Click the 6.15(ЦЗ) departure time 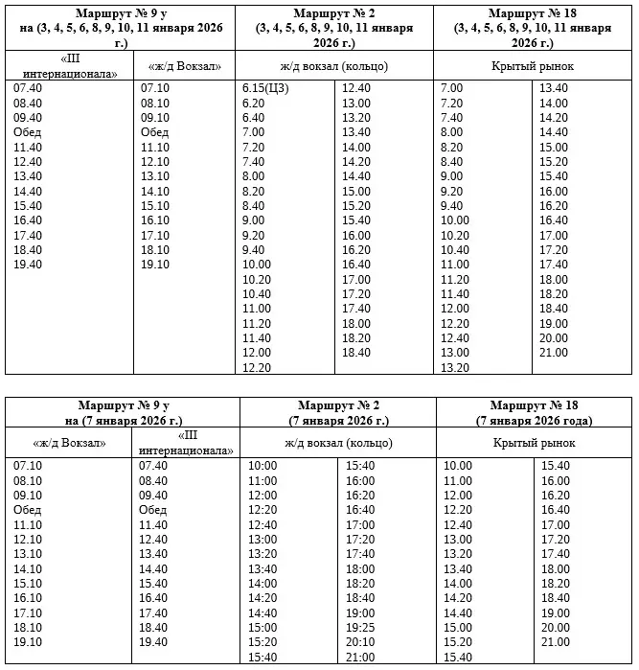tap(269, 88)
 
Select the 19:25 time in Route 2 tap(359, 627)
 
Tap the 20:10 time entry tap(359, 641)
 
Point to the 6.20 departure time tap(254, 103)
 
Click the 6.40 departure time tap(254, 117)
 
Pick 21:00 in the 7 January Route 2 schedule tap(359, 657)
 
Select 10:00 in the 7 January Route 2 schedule tap(262, 466)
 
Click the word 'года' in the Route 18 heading tap(577, 422)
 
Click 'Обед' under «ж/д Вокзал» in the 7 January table tap(28, 510)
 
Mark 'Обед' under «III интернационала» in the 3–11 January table tap(28, 132)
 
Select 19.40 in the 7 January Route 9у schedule tap(153, 642)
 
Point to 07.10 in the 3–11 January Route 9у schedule tap(154, 88)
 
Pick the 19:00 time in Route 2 tap(359, 612)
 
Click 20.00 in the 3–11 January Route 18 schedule tap(554, 337)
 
